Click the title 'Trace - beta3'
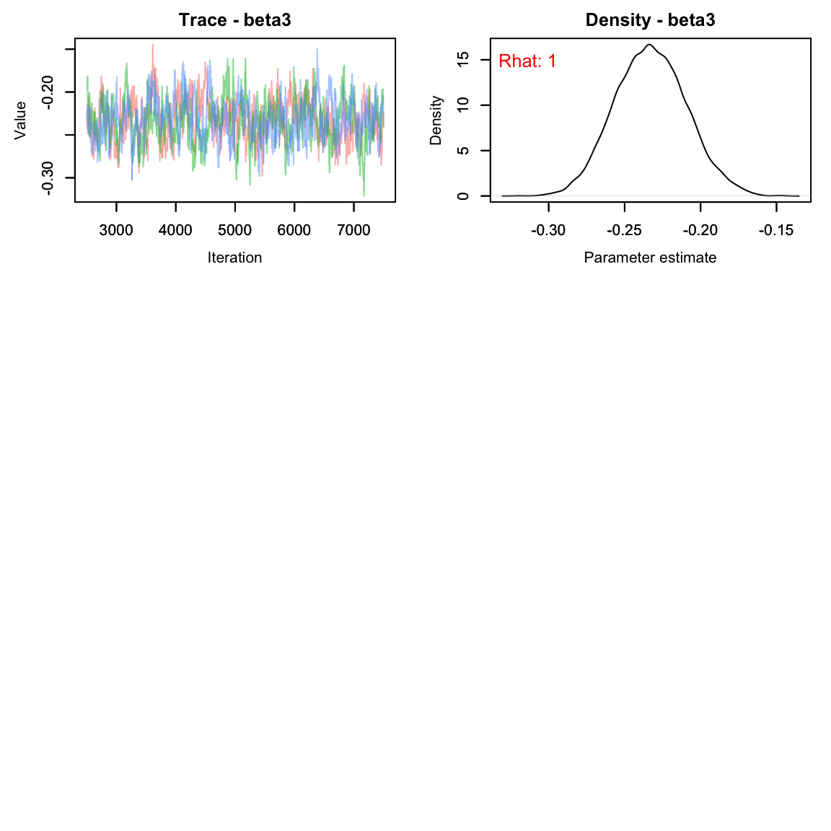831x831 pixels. [x=235, y=20]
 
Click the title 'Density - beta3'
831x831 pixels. [x=650, y=20]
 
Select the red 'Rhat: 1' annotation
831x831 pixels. [x=527, y=61]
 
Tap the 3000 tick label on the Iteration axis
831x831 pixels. [x=116, y=230]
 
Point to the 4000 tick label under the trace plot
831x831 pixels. [x=175, y=230]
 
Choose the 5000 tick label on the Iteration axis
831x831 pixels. [x=235, y=230]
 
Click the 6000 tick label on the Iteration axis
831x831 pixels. [x=294, y=230]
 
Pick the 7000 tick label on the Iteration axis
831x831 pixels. [x=353, y=230]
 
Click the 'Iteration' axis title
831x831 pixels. [x=235, y=258]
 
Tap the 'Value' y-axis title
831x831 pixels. [x=20, y=120]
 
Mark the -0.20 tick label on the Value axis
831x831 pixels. [x=48, y=92]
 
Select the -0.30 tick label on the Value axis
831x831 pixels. [x=48, y=178]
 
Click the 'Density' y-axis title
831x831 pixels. [x=436, y=120]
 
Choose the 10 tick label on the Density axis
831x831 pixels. [x=463, y=105]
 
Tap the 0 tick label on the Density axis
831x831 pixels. [x=463, y=195]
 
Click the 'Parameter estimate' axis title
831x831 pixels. [x=650, y=258]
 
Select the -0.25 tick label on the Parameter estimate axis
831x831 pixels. [x=625, y=230]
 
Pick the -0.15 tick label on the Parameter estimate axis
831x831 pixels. [x=776, y=230]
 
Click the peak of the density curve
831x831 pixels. [x=649, y=45]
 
